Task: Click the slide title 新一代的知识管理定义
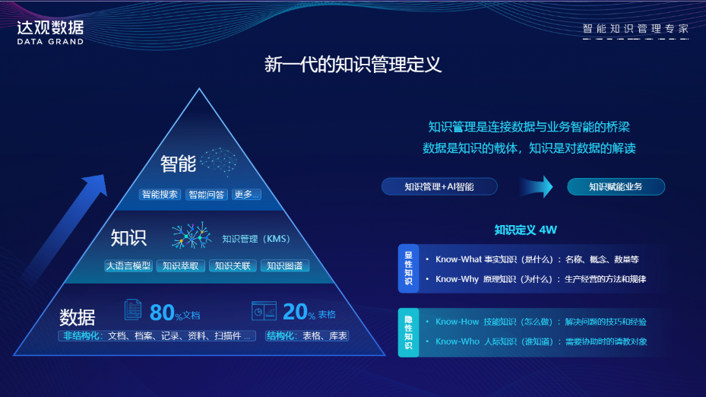pos(353,65)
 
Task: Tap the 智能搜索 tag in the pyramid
pos(160,195)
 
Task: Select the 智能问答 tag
pos(207,195)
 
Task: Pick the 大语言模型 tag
pos(128,266)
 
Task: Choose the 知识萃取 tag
pos(181,266)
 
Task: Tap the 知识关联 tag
pos(233,266)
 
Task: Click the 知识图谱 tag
pos(285,266)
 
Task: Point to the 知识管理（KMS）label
pos(256,239)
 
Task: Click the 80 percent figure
pos(163,312)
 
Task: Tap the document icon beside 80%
pos(132,311)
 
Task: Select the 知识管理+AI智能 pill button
pos(439,186)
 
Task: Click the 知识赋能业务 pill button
pos(616,186)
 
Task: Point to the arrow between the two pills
pos(537,186)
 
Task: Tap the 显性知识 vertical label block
pos(408,269)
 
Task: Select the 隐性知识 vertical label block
pos(408,332)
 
